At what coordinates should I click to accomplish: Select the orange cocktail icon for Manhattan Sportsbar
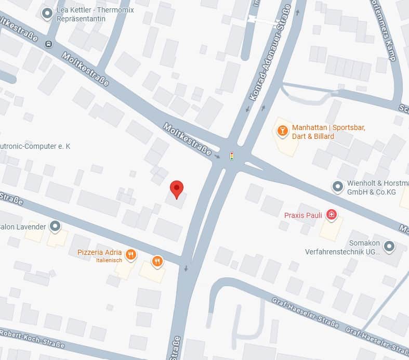(282, 131)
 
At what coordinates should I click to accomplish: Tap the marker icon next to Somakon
(389, 246)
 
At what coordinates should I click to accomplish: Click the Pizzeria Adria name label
(99, 252)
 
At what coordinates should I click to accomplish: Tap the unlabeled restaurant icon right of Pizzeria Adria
(157, 261)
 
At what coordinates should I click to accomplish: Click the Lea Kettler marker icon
(47, 14)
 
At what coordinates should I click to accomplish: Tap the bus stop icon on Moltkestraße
(48, 44)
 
